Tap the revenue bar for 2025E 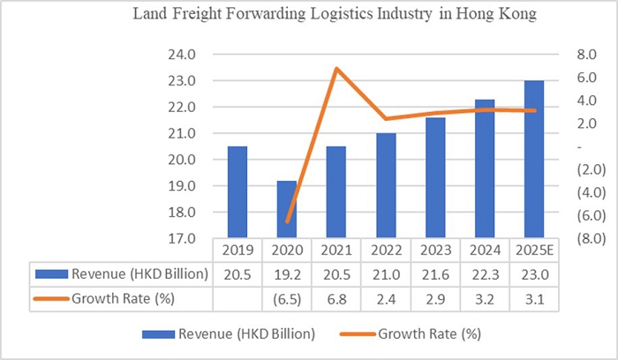pyautogui.click(x=533, y=160)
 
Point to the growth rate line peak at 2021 pyautogui.click(x=336, y=69)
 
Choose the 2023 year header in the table pyautogui.click(x=434, y=250)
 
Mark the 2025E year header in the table pyautogui.click(x=533, y=250)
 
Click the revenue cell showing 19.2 pyautogui.click(x=287, y=274)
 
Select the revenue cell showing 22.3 pyautogui.click(x=484, y=274)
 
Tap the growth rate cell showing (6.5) pyautogui.click(x=287, y=299)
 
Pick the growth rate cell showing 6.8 pyautogui.click(x=336, y=299)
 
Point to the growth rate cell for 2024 pyautogui.click(x=484, y=299)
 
